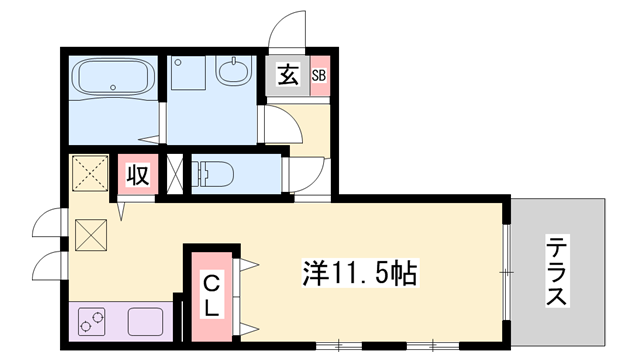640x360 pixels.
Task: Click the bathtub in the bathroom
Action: tap(110, 77)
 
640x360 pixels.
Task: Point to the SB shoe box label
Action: tap(319, 76)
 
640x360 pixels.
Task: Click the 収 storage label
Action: tap(137, 175)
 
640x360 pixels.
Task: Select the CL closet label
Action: tap(210, 294)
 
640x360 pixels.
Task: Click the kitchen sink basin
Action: tap(146, 323)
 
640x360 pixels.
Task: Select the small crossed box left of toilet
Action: tap(177, 172)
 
